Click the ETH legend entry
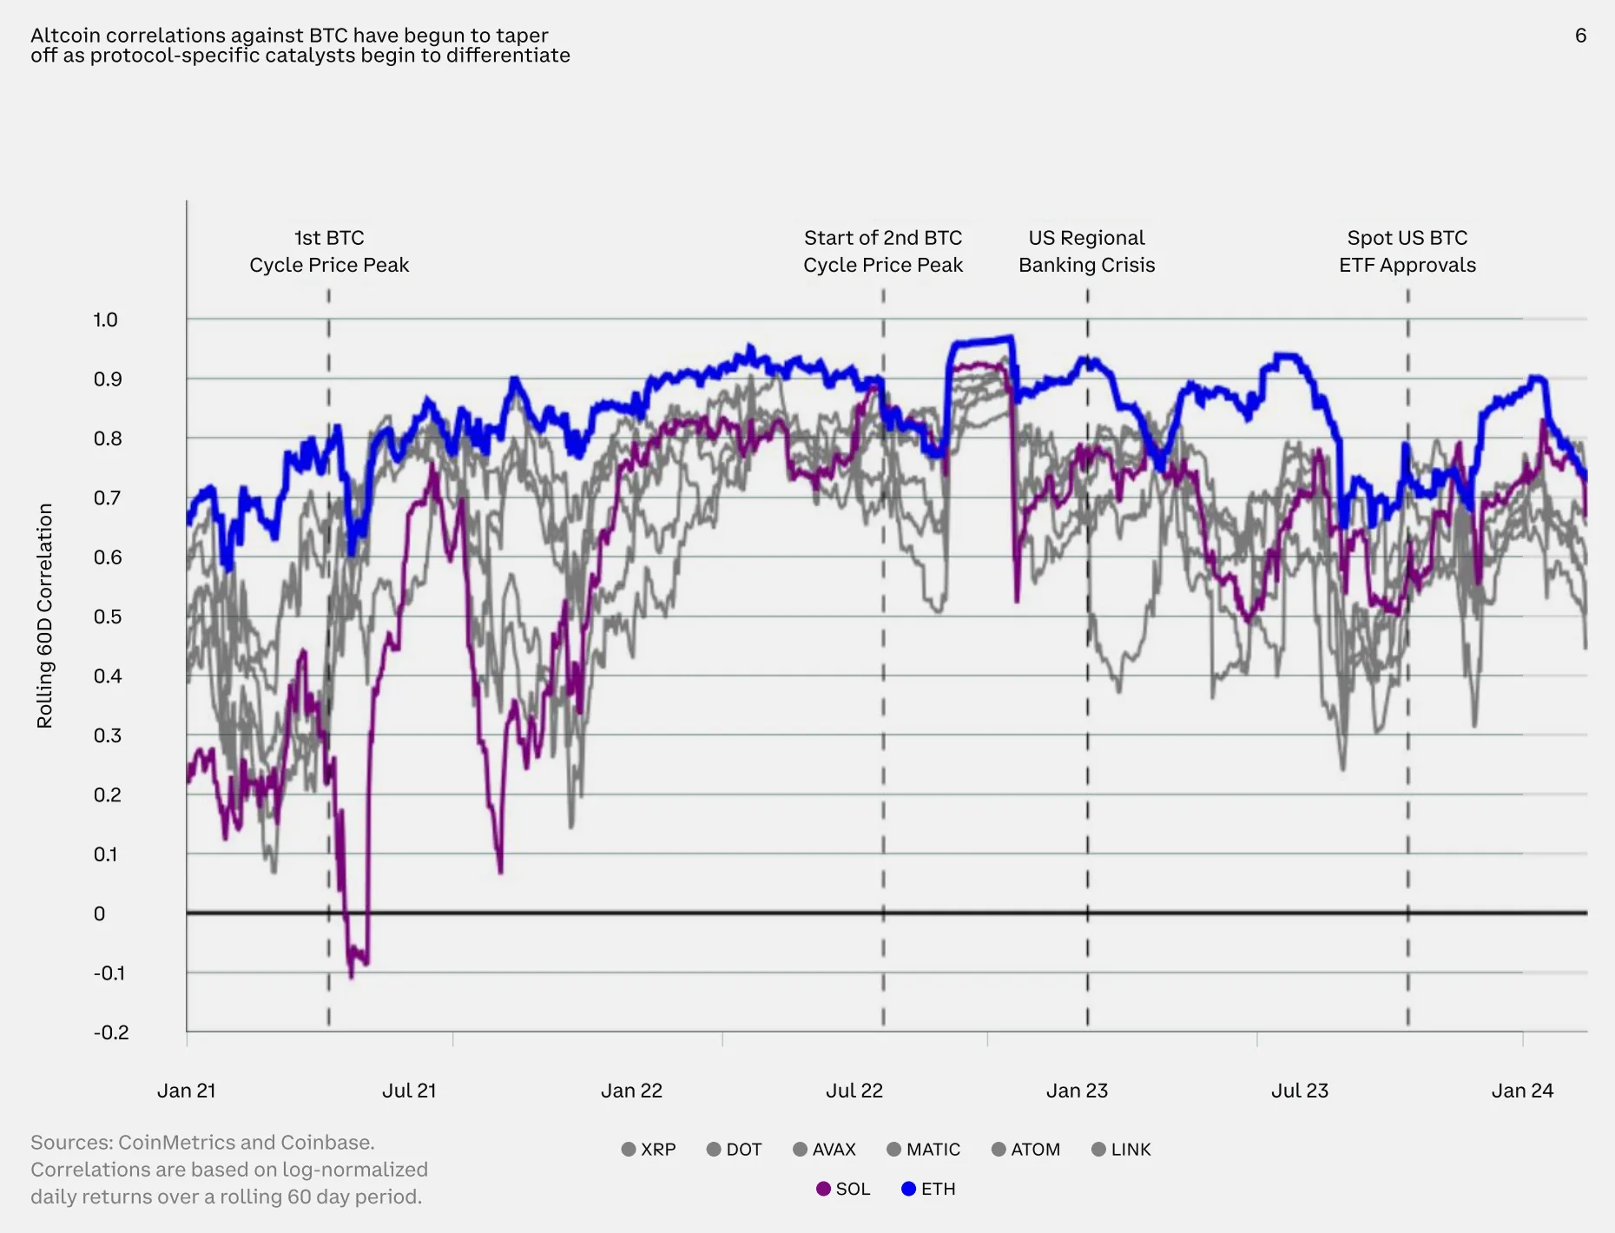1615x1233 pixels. [x=928, y=1189]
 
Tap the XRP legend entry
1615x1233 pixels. [x=649, y=1150]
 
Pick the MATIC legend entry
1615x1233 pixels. [x=923, y=1150]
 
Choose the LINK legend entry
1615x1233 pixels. [x=1121, y=1150]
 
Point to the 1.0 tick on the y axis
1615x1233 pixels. [x=106, y=320]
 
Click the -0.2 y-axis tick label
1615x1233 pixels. [x=111, y=1032]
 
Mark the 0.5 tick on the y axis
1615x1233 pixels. [x=108, y=616]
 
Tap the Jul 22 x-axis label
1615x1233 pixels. [x=854, y=1091]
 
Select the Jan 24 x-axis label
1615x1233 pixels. [x=1522, y=1091]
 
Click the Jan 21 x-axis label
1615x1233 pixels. [x=186, y=1091]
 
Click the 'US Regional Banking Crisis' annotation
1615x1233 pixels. [x=1087, y=251]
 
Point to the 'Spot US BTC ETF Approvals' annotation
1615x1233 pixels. [x=1407, y=251]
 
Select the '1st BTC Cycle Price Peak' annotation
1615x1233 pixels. [x=329, y=251]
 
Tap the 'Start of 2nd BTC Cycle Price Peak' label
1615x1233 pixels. [x=883, y=251]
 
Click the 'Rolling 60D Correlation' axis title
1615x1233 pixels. [x=44, y=616]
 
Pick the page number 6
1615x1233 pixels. [x=1580, y=36]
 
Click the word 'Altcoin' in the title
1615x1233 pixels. [x=65, y=36]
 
